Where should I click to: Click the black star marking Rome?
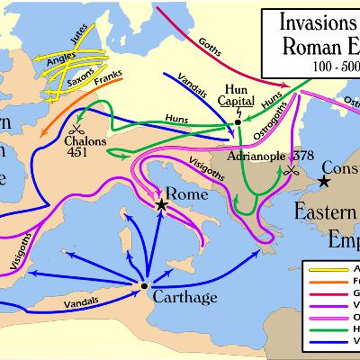[161, 206]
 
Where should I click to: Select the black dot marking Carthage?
[143, 285]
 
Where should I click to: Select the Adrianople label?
[237, 155]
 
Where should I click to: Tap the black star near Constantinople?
[323, 182]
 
